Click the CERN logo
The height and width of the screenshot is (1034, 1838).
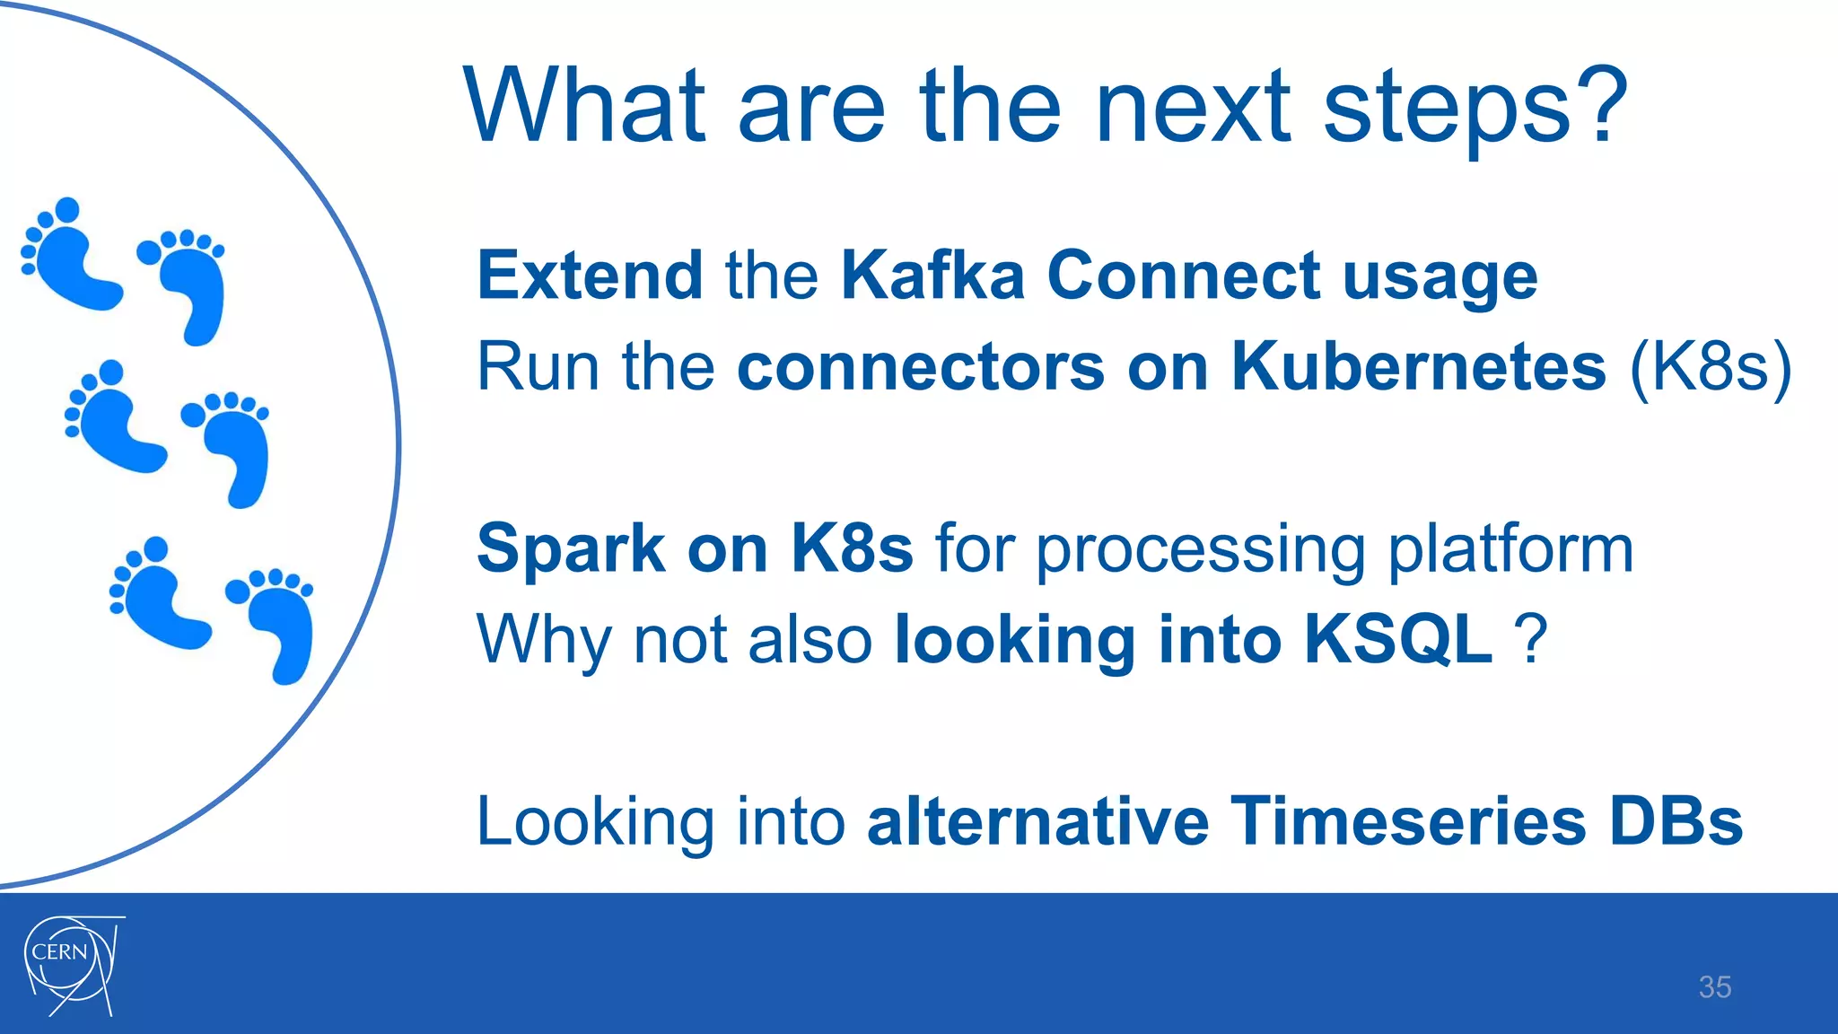(x=73, y=965)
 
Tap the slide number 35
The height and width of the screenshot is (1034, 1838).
(x=1714, y=987)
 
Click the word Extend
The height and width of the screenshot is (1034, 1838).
(x=590, y=275)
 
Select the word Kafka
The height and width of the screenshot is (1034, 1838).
(x=932, y=275)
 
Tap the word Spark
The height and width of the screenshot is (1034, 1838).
(x=570, y=548)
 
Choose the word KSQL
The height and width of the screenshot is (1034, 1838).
(x=1398, y=639)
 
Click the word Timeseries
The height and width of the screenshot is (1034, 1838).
(x=1407, y=820)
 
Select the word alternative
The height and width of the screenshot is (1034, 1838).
(x=1037, y=820)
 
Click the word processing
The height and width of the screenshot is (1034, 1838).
(x=1200, y=550)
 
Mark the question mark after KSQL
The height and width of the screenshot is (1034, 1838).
(x=1531, y=639)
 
